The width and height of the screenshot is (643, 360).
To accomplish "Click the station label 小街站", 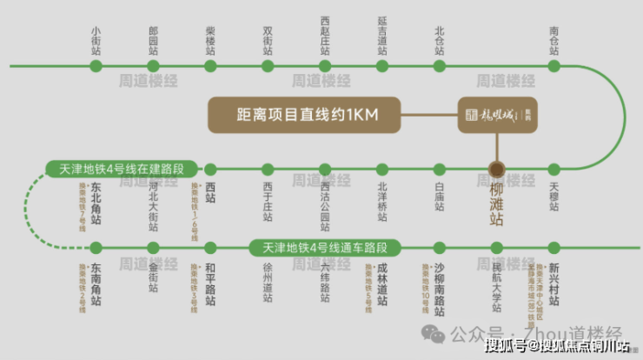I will [96, 41].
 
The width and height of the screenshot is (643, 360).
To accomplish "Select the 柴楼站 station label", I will [210, 41].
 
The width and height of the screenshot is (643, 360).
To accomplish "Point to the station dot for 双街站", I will [268, 65].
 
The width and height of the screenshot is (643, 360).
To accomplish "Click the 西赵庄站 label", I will [325, 35].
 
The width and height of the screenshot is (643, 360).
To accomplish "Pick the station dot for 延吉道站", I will [382, 65].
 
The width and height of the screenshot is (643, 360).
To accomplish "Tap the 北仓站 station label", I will [440, 41].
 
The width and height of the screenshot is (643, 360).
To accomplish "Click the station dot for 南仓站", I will [554, 65].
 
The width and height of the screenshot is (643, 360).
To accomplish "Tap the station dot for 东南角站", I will [96, 247].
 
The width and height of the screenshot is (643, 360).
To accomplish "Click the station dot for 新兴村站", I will [554, 247].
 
